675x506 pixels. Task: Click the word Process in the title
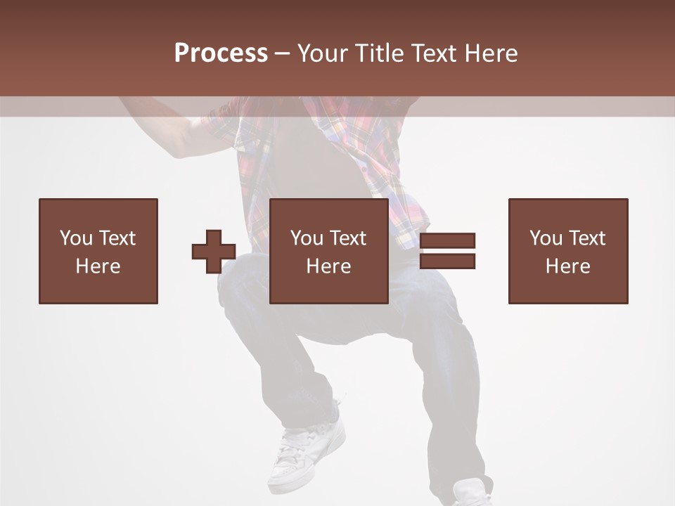[221, 53]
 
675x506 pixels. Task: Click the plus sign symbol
[214, 252]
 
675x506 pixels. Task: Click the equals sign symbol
[447, 251]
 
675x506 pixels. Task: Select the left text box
[98, 251]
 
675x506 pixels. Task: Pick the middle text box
[329, 251]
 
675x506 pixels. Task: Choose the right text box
[568, 251]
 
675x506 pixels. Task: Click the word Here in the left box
[98, 266]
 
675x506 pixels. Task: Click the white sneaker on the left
[307, 450]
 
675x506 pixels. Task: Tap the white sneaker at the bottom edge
[472, 493]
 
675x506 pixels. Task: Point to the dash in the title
[283, 53]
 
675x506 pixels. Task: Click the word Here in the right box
[567, 266]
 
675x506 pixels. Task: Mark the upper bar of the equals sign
[447, 241]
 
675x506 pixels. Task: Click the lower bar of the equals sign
[447, 261]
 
